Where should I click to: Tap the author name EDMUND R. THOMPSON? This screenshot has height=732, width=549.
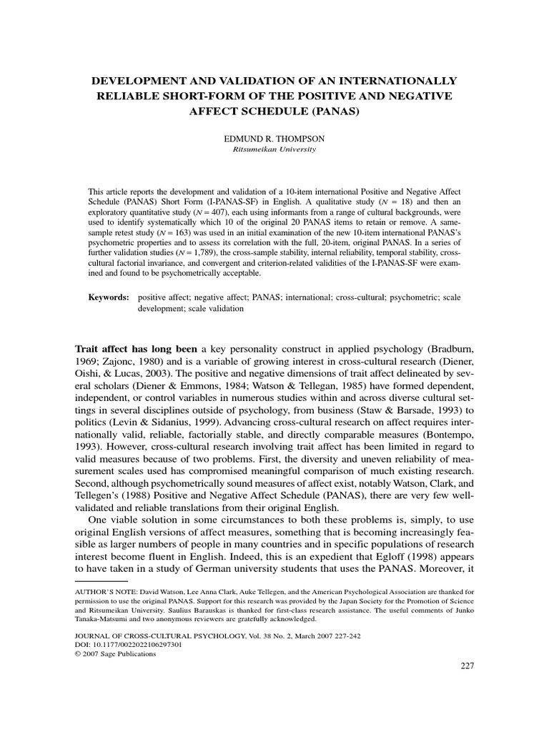coord(274,139)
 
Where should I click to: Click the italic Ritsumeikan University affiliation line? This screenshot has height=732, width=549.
coord(274,150)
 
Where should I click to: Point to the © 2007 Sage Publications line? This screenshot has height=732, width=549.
coord(115,653)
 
